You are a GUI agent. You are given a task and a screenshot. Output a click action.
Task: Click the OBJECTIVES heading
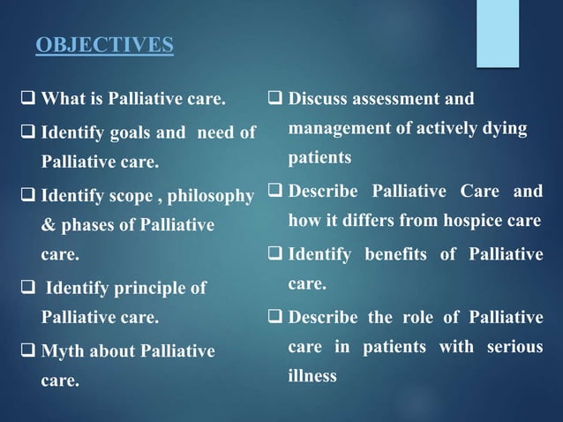(x=103, y=44)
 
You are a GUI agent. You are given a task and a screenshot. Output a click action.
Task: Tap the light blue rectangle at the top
(x=498, y=33)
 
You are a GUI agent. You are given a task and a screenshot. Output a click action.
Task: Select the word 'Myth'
(x=64, y=351)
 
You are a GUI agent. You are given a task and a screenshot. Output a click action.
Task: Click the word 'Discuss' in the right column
(x=321, y=99)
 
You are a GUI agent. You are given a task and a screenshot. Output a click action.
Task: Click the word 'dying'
(x=506, y=130)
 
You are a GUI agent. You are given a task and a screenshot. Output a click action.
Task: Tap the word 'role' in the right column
(x=417, y=318)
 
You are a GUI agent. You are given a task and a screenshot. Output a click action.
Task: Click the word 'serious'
(x=514, y=348)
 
